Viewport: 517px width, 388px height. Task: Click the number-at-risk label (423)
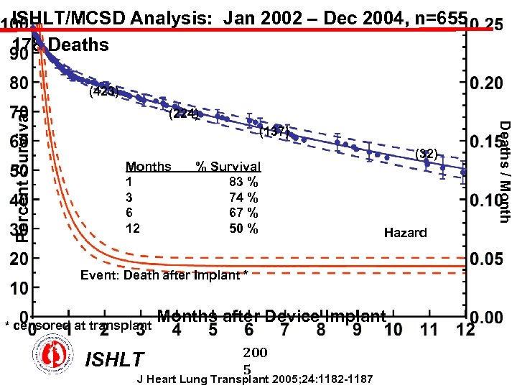tap(103, 91)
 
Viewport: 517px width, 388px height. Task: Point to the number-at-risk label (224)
tap(183, 113)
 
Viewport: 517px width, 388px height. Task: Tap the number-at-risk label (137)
tap(274, 131)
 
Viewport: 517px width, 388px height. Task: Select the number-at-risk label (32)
tap(426, 152)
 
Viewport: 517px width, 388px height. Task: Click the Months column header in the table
tap(148, 167)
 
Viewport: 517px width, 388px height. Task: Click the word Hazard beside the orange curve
tap(405, 232)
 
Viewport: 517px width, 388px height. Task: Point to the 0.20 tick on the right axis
tap(486, 83)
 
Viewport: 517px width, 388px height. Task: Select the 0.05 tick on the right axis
tap(486, 257)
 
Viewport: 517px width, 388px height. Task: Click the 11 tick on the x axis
tap(429, 330)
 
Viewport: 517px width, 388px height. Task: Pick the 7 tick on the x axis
tap(285, 330)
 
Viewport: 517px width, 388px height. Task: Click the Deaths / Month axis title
tap(504, 171)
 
